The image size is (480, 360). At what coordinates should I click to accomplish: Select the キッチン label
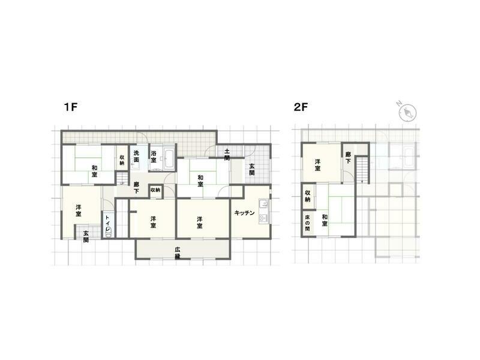(245, 213)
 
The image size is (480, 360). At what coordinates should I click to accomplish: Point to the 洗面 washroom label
(137, 157)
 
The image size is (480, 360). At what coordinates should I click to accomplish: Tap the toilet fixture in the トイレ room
(108, 232)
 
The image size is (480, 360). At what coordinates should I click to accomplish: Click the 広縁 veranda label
(178, 253)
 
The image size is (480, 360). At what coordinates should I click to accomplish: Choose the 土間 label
(227, 154)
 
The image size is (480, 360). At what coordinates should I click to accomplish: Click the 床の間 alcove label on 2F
(307, 223)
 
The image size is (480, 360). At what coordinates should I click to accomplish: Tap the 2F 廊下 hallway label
(349, 158)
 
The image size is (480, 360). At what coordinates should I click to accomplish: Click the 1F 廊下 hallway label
(137, 188)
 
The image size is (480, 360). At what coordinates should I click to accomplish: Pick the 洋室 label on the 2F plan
(317, 164)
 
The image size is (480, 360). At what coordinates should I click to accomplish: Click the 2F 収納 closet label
(307, 196)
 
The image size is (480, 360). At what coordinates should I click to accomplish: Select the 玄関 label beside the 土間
(252, 169)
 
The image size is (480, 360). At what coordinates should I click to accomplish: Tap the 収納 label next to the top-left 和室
(122, 160)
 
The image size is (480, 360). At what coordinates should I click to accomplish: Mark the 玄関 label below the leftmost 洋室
(86, 236)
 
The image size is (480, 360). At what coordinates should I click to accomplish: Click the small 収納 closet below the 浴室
(155, 190)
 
